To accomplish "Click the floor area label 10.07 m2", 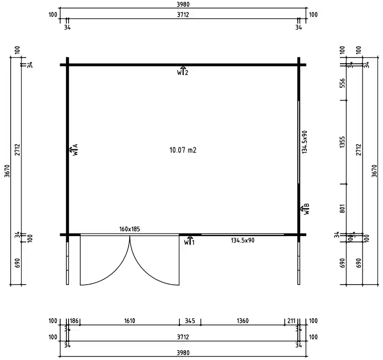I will click(x=183, y=150).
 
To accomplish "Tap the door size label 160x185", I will click(x=130, y=229).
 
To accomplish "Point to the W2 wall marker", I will click(x=182, y=71).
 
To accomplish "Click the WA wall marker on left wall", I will click(x=74, y=149).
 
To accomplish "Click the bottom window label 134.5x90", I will click(x=243, y=241).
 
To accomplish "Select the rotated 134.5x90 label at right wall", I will click(x=305, y=142).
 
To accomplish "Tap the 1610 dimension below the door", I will click(x=130, y=321).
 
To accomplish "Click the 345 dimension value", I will click(x=190, y=321).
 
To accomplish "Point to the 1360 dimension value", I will click(x=243, y=321).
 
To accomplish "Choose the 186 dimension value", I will click(x=74, y=321).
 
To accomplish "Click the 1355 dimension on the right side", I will click(x=342, y=142).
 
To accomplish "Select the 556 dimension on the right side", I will click(x=342, y=83).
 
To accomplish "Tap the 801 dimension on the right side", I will click(x=342, y=209).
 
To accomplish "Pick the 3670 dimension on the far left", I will click(x=7, y=171).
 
